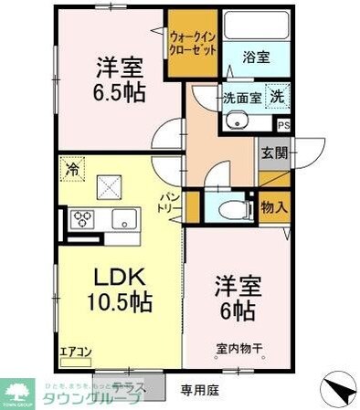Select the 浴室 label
257,56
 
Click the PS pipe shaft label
283,125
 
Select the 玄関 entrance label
273,153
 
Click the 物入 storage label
274,207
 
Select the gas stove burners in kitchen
81,219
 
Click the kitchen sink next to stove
122,219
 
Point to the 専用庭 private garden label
200,390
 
